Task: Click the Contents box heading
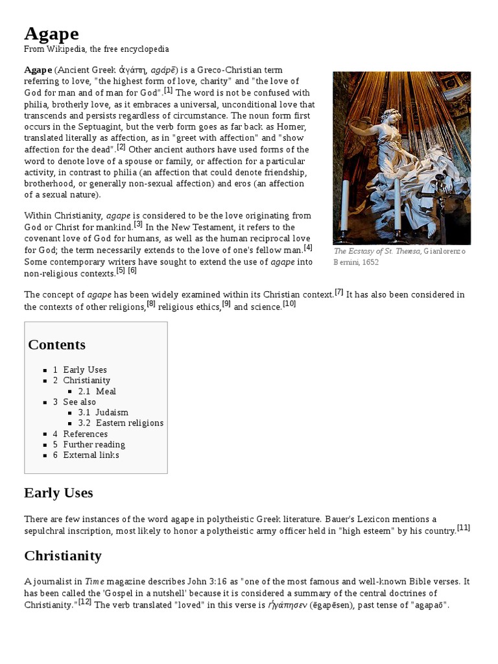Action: click(x=56, y=344)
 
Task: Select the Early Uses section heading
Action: click(x=58, y=493)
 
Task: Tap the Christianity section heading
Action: click(x=63, y=556)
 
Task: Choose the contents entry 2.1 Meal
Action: click(x=97, y=391)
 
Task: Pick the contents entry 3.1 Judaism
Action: click(x=103, y=412)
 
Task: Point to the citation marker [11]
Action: click(x=464, y=527)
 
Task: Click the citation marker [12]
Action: click(x=85, y=602)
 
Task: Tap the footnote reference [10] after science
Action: click(x=289, y=303)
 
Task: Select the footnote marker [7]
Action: click(x=338, y=291)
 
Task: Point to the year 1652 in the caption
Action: click(x=370, y=263)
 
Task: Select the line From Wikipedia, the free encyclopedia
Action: click(x=97, y=49)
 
